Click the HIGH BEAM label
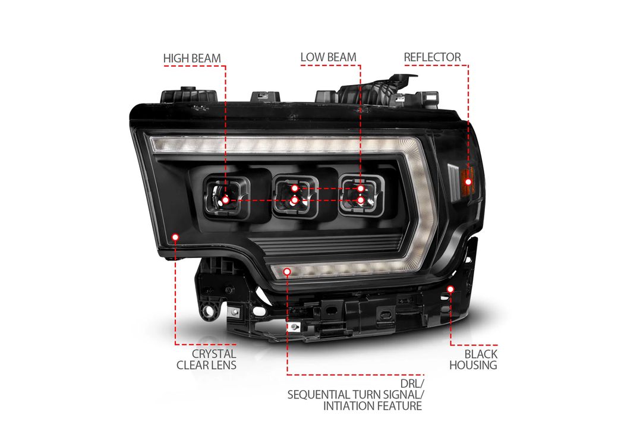192,58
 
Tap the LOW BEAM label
328,57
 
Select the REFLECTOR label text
432,57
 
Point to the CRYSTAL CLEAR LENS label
206,359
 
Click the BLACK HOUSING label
473,359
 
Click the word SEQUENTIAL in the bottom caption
318,395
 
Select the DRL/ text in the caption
412,384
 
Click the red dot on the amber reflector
468,182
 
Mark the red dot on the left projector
225,200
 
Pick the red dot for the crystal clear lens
175,237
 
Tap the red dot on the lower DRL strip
287,272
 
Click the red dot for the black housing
450,289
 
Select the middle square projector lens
295,196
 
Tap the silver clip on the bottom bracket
294,326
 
